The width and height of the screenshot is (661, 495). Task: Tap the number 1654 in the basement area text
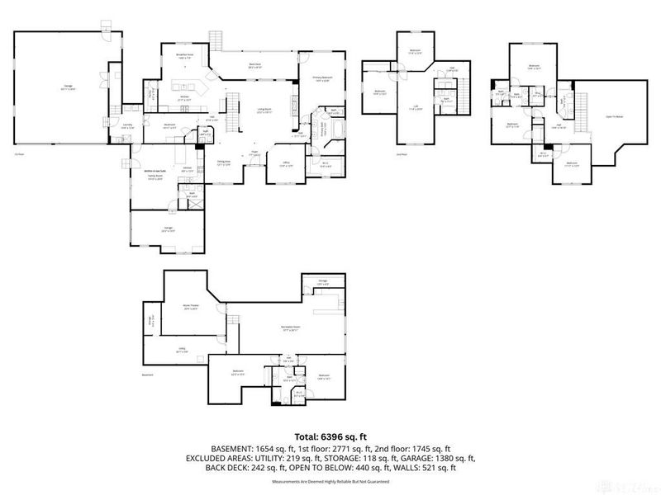point(267,449)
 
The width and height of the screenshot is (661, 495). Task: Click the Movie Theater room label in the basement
point(191,307)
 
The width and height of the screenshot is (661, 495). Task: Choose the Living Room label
point(264,110)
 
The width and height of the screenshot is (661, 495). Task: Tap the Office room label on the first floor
point(284,163)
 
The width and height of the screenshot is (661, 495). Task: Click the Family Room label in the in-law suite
point(155,177)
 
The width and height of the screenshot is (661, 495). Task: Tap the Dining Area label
point(223,163)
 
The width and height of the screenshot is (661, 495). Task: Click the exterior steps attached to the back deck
point(216,40)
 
